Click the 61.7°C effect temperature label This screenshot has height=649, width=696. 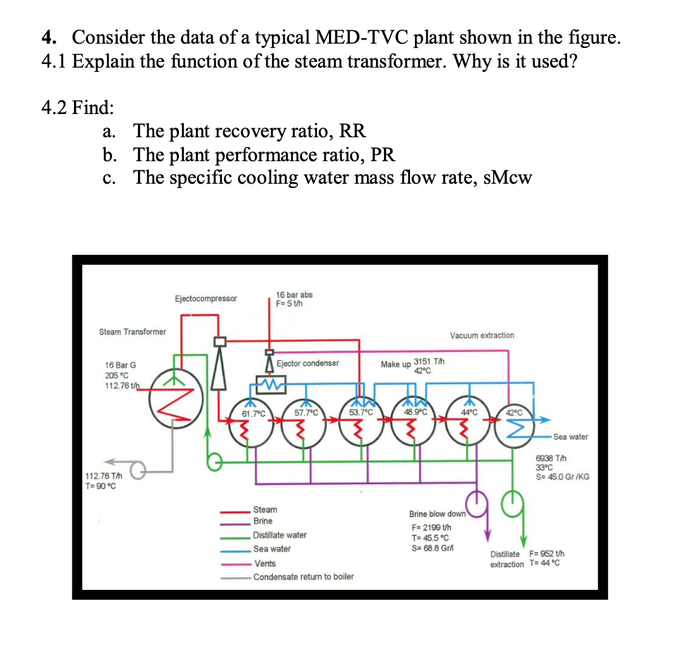(x=253, y=414)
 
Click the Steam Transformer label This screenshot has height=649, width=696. (x=132, y=332)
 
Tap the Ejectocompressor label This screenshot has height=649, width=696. (x=206, y=298)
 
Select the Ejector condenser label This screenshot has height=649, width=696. (x=308, y=363)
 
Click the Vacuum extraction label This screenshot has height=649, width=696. (x=482, y=335)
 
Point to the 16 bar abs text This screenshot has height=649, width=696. (x=294, y=295)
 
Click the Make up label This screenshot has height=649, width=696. (x=395, y=365)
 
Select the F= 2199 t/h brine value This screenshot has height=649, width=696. (x=431, y=527)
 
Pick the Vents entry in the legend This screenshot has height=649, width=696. (x=265, y=564)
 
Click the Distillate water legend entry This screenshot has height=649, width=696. (x=280, y=535)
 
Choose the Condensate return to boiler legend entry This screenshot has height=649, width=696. (x=304, y=576)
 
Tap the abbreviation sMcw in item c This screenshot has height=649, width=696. (x=507, y=177)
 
